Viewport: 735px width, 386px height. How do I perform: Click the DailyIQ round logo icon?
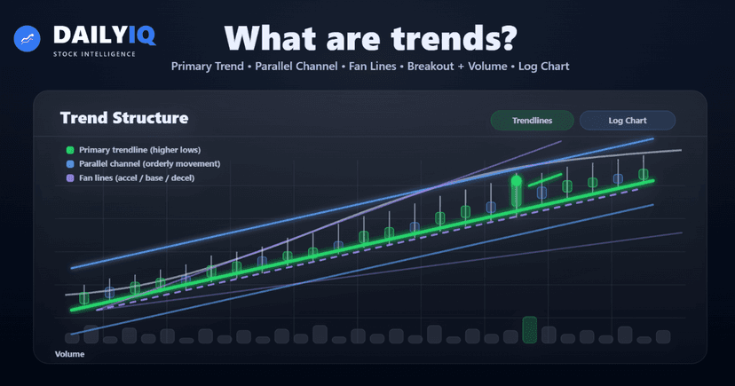28,40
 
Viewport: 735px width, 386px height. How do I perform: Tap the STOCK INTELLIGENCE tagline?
93,54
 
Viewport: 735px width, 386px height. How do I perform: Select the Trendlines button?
531,120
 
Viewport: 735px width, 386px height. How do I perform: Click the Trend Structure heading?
123,118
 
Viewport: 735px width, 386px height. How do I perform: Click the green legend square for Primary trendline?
70,150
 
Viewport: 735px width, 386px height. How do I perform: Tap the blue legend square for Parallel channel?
70,164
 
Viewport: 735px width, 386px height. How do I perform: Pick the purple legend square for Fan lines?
70,178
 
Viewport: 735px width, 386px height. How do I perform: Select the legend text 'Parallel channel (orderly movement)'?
149,164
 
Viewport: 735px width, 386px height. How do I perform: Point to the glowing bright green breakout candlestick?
516,191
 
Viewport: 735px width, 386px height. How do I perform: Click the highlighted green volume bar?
530,329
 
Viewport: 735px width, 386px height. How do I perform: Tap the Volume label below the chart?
69,354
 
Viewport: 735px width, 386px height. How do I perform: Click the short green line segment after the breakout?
544,180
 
